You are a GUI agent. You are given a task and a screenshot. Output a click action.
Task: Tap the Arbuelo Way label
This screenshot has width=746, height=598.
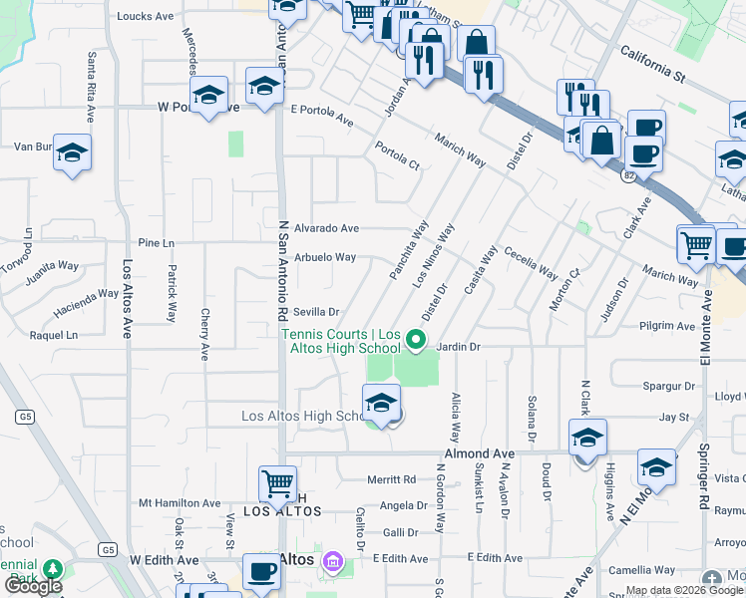click(x=325, y=257)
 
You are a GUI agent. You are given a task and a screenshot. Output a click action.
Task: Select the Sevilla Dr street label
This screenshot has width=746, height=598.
click(x=316, y=312)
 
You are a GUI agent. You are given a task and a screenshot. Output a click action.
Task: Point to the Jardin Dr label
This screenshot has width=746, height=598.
click(x=459, y=347)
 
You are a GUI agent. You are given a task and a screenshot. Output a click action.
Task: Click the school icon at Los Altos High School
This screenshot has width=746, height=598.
click(x=381, y=404)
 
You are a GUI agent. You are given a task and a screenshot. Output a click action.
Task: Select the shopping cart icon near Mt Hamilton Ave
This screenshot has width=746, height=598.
click(x=277, y=484)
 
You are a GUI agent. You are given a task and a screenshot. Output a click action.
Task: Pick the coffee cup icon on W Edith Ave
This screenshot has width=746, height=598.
click(x=263, y=572)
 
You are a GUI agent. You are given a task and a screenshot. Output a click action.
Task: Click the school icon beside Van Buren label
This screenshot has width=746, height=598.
click(x=73, y=152)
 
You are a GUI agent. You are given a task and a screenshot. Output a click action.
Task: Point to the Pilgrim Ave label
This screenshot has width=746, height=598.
click(x=666, y=326)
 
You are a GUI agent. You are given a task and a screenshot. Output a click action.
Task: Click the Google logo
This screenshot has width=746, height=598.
click(x=33, y=586)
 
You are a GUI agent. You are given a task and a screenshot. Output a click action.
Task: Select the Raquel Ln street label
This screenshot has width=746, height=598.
click(x=54, y=336)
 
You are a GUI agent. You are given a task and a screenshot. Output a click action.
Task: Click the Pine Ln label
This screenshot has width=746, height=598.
click(x=156, y=243)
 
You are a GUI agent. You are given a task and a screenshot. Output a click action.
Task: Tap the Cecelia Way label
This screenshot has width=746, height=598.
click(x=531, y=261)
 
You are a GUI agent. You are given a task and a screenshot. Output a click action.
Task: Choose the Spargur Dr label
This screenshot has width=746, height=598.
click(x=669, y=386)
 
